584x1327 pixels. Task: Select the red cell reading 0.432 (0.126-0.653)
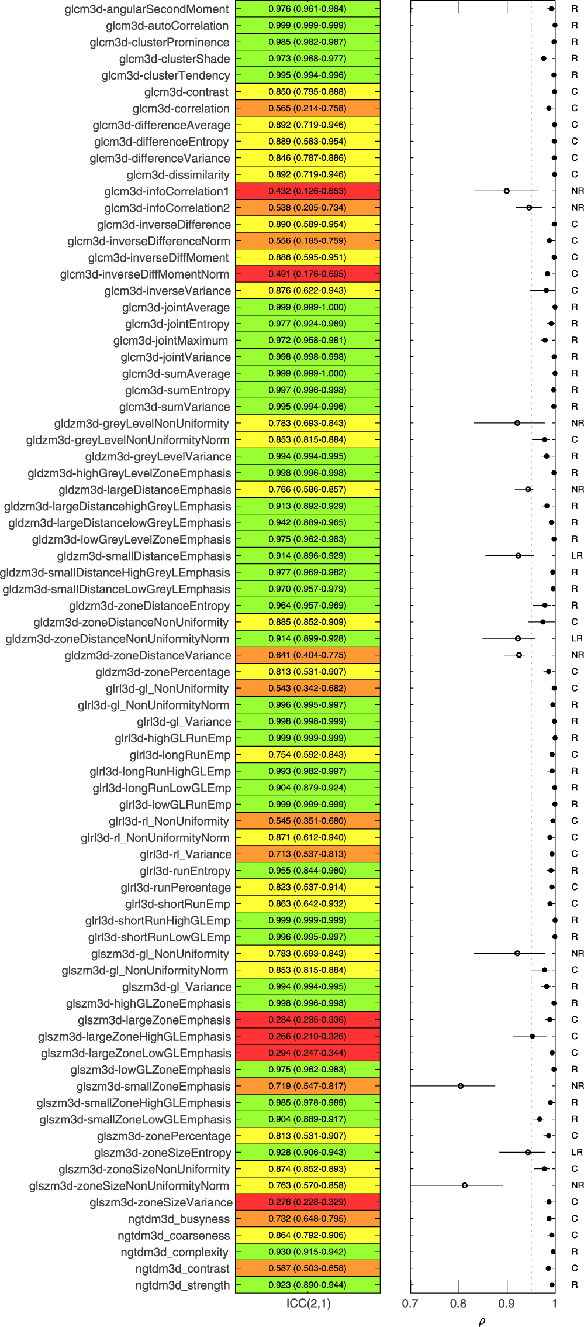pos(307,191)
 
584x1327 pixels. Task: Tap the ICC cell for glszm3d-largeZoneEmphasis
pos(307,1020)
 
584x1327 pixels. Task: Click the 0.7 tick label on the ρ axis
pos(410,1303)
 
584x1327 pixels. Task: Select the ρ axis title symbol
pos(482,1321)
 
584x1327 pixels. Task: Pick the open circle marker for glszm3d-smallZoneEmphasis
pos(461,1086)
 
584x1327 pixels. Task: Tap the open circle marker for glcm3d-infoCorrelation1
pos(507,191)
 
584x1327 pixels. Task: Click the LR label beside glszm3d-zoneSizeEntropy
pos(577,1152)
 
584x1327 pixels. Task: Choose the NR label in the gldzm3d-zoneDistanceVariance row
pos(578,655)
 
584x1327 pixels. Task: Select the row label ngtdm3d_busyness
pos(179,1219)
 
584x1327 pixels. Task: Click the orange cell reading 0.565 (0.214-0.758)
pos(307,108)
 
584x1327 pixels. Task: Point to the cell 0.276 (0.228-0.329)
pos(307,1202)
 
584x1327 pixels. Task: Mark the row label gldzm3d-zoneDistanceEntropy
pos(150,606)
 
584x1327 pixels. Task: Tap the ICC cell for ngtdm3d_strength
pos(307,1285)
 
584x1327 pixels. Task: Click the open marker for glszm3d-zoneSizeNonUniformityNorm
pos(465,1185)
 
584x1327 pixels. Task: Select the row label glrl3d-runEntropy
pos(185,871)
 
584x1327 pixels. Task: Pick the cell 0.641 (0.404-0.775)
pos(307,655)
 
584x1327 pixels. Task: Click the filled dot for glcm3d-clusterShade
pos(544,59)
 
